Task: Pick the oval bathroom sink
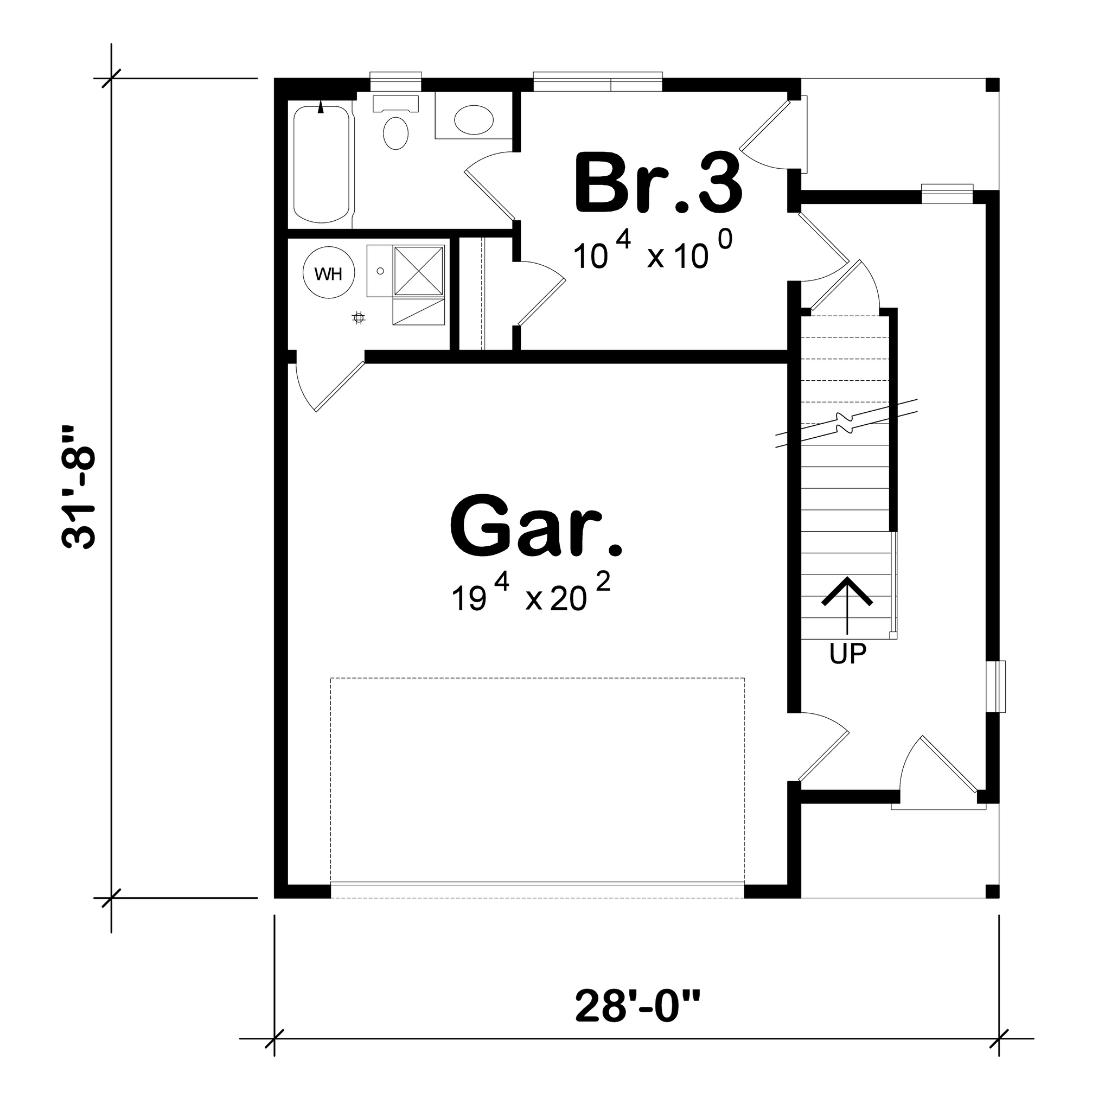(473, 119)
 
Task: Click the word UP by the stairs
(848, 654)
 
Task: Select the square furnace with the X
(419, 271)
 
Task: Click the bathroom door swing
(489, 184)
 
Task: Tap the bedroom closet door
(540, 293)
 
